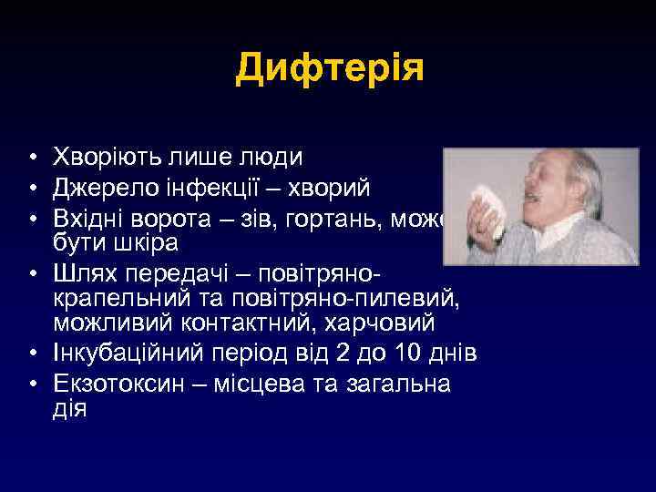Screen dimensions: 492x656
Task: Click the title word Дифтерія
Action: click(x=330, y=69)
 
